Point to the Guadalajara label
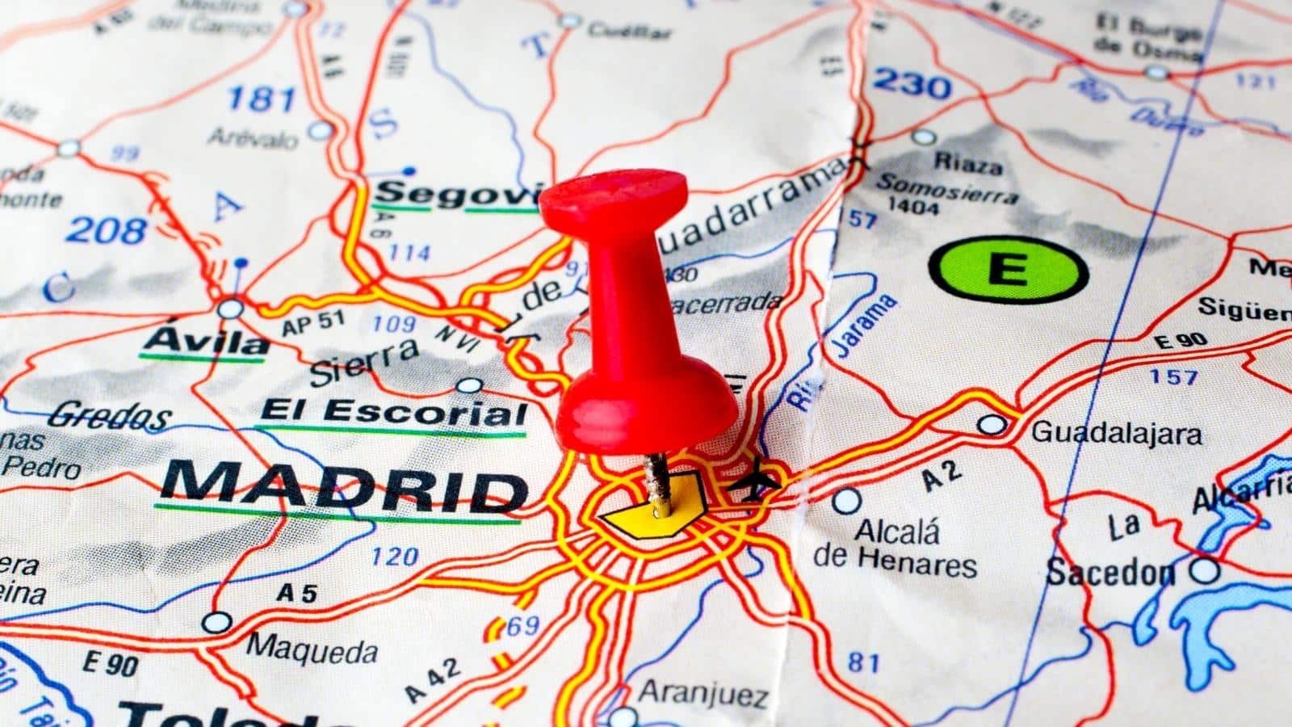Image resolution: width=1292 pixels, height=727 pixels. [1117, 434]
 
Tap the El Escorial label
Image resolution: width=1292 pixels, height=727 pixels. [393, 413]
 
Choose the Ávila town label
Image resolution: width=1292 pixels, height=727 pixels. [205, 342]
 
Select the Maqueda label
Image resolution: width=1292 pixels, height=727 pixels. [312, 649]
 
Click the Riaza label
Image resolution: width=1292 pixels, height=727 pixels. [968, 164]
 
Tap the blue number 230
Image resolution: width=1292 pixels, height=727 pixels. [912, 84]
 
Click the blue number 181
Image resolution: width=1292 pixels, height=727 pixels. [261, 99]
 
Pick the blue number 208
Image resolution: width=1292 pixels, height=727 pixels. [106, 231]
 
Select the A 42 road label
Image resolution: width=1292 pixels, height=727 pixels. [433, 681]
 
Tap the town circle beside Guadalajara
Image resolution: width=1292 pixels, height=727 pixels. [992, 424]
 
